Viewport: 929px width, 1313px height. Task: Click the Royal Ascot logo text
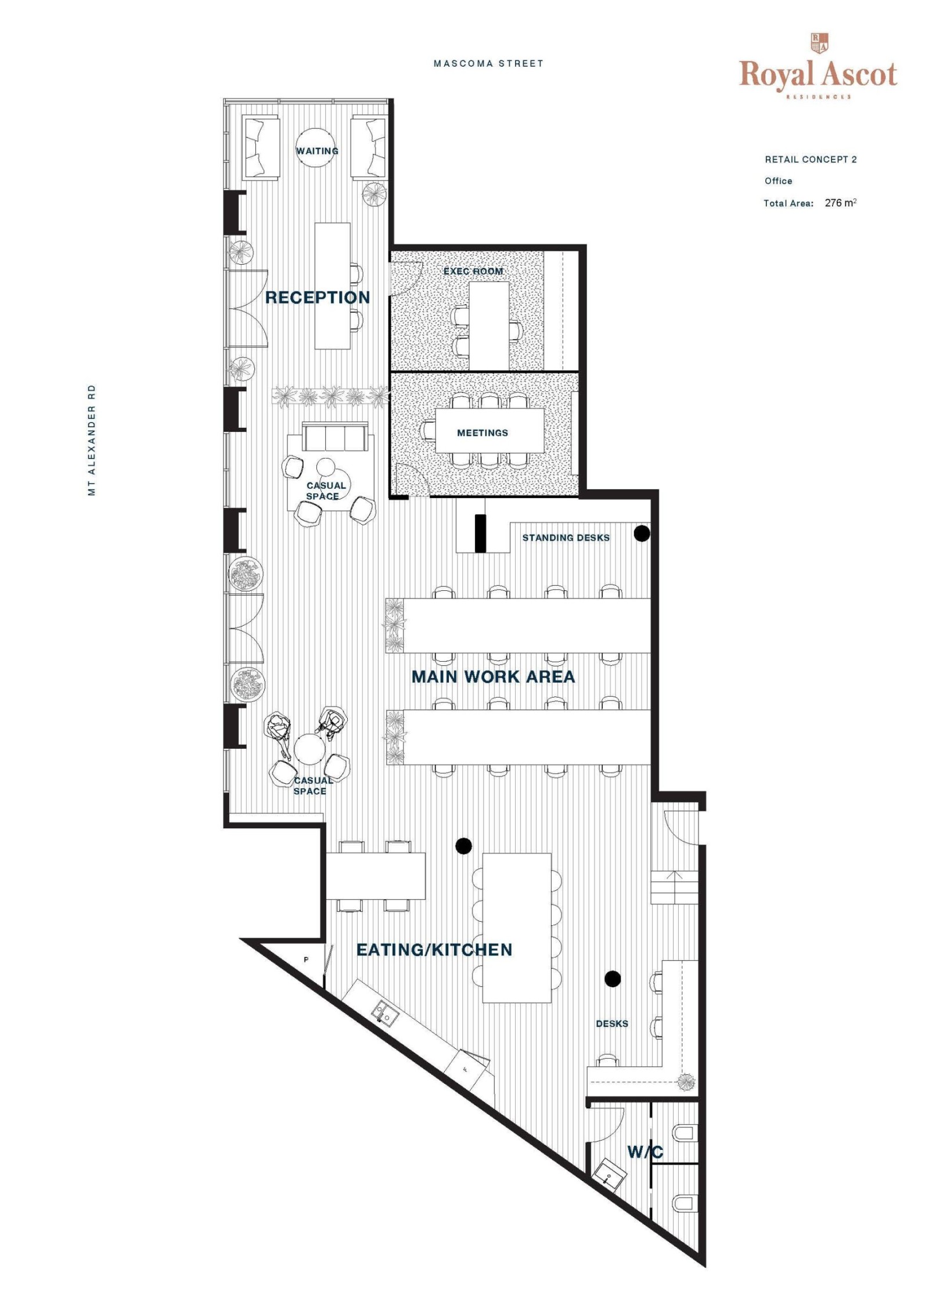pyautogui.click(x=818, y=74)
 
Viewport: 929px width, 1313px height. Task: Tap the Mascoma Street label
pyautogui.click(x=488, y=63)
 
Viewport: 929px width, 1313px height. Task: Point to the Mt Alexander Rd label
pyautogui.click(x=91, y=440)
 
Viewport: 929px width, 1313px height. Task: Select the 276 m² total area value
pyautogui.click(x=840, y=203)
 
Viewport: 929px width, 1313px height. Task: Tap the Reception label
pyautogui.click(x=318, y=297)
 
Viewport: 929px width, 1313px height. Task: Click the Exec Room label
pyautogui.click(x=473, y=271)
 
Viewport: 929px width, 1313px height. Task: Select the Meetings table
pyautogui.click(x=489, y=431)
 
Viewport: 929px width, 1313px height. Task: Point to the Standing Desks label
pyautogui.click(x=566, y=538)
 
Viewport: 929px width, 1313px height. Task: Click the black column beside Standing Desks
pyautogui.click(x=641, y=533)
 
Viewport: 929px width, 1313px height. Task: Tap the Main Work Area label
pyautogui.click(x=493, y=676)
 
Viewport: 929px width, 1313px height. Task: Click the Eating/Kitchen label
pyautogui.click(x=434, y=950)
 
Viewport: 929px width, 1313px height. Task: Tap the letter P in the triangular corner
pyautogui.click(x=306, y=960)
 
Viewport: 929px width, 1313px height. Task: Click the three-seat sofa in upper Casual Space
pyautogui.click(x=335, y=437)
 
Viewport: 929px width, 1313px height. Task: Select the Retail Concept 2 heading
pyautogui.click(x=811, y=159)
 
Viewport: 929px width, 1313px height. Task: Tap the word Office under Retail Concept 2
pyautogui.click(x=778, y=181)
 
